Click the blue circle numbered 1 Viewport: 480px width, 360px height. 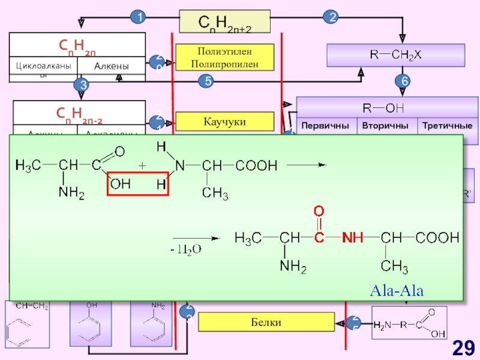pyautogui.click(x=139, y=18)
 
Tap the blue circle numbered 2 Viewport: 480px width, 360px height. pyautogui.click(x=330, y=18)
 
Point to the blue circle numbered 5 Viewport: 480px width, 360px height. pyautogui.click(x=206, y=81)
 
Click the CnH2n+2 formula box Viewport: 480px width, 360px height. pyautogui.click(x=225, y=23)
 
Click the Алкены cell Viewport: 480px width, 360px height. pyautogui.click(x=111, y=67)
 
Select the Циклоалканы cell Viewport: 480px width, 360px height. pyautogui.click(x=43, y=67)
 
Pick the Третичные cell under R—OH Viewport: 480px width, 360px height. pyautogui.click(x=447, y=127)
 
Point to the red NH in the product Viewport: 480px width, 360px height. pyautogui.click(x=353, y=238)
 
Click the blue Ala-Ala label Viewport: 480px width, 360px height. pyautogui.click(x=397, y=292)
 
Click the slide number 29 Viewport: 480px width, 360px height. pyautogui.click(x=464, y=346)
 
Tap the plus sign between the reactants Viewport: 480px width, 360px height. pyautogui.click(x=142, y=164)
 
